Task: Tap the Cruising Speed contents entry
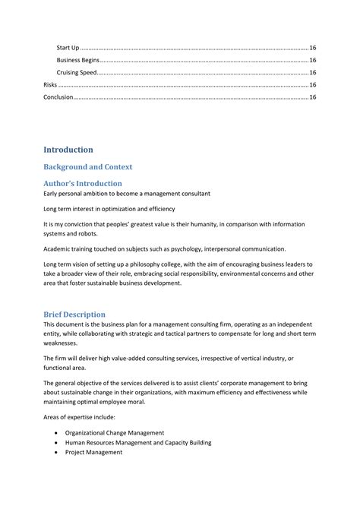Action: click(77, 72)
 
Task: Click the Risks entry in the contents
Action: click(50, 85)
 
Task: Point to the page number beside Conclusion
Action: click(312, 97)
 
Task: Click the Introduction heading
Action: click(68, 150)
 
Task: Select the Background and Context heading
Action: click(87, 166)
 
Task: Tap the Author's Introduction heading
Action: click(82, 183)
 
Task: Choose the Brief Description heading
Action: click(74, 314)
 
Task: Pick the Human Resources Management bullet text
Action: click(137, 442)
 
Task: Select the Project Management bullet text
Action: click(93, 452)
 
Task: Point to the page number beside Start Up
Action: click(312, 47)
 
